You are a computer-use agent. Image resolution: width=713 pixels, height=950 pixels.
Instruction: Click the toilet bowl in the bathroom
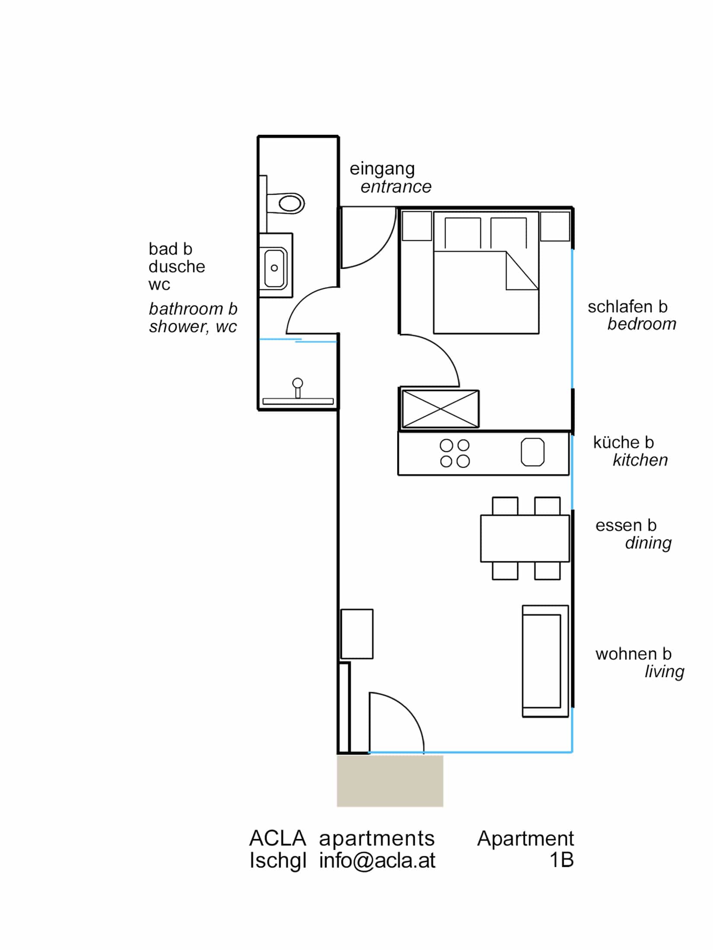coord(290,203)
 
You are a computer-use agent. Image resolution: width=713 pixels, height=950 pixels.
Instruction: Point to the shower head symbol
coord(297,383)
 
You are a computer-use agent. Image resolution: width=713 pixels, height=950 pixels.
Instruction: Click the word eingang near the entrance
coord(382,169)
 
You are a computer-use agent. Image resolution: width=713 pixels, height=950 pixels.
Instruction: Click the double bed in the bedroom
coord(486,294)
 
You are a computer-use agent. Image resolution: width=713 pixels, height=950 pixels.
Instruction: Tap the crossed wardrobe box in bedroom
coord(440,408)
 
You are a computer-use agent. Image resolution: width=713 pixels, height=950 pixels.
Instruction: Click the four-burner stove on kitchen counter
coord(455,453)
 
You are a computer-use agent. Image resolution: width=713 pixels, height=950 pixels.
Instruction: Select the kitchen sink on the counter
coord(532,452)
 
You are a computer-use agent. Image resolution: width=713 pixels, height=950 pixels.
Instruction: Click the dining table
coord(525,538)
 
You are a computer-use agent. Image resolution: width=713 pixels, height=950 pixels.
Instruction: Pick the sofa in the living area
coord(545,661)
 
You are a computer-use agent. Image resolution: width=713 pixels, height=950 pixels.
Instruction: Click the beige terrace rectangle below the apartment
coord(390,781)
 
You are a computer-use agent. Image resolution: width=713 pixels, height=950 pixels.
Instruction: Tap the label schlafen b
coord(627,307)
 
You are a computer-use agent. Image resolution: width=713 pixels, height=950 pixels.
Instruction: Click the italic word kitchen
coord(640,460)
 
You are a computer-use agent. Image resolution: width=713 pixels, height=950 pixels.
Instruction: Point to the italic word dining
coord(648,543)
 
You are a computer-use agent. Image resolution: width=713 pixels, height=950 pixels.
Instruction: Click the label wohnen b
coord(633,654)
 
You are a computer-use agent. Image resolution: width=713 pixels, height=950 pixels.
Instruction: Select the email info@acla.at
coord(377,861)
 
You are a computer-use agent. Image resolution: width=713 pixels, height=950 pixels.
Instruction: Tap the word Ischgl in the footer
coord(278,861)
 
